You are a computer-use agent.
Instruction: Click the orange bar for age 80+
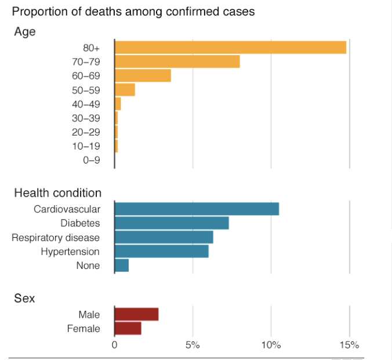230,48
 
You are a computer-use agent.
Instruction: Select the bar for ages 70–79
177,61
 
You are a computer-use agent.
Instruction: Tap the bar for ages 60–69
143,75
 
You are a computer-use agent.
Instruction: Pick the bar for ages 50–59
125,90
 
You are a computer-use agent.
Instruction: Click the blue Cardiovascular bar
197,209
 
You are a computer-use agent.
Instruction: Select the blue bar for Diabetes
172,223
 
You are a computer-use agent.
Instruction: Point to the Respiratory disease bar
164,237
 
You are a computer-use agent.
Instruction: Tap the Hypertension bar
161,251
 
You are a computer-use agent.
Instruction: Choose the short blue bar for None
122,266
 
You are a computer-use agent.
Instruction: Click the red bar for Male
136,314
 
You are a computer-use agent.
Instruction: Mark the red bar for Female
128,329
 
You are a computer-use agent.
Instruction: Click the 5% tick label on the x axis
193,346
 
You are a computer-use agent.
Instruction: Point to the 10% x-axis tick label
271,346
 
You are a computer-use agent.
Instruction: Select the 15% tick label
350,346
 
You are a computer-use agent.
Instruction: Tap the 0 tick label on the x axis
115,346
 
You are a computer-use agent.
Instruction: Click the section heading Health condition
57,193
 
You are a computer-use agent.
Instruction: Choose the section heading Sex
24,299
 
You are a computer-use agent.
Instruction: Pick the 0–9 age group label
92,161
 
